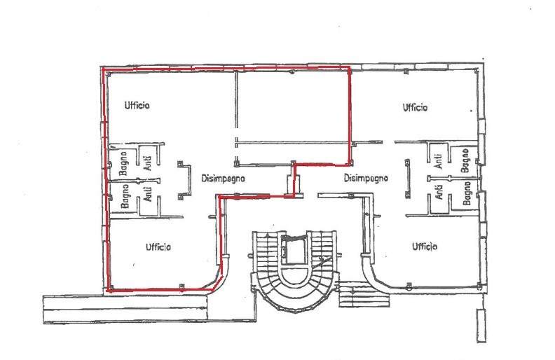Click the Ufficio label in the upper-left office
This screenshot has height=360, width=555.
click(137, 105)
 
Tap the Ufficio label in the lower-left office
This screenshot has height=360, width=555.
click(158, 247)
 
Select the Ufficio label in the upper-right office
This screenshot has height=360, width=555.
click(415, 107)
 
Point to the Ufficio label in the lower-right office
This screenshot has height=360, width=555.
click(425, 246)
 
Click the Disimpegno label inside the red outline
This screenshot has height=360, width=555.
click(223, 179)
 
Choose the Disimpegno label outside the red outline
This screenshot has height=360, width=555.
click(366, 178)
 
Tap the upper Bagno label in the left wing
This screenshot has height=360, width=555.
click(124, 163)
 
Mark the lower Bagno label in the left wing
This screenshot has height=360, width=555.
click(125, 196)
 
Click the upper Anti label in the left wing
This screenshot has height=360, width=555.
click(149, 163)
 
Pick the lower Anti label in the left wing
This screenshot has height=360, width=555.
click(149, 194)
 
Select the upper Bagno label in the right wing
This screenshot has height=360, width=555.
click(465, 160)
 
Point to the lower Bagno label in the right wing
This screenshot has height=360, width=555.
click(467, 193)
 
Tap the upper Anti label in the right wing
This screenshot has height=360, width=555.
click(438, 161)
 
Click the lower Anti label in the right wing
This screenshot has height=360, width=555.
click(439, 192)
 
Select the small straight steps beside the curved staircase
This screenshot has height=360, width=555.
click(364, 294)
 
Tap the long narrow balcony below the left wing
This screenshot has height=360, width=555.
click(125, 309)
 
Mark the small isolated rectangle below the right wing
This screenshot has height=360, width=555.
click(481, 326)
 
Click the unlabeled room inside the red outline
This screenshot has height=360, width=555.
click(292, 106)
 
